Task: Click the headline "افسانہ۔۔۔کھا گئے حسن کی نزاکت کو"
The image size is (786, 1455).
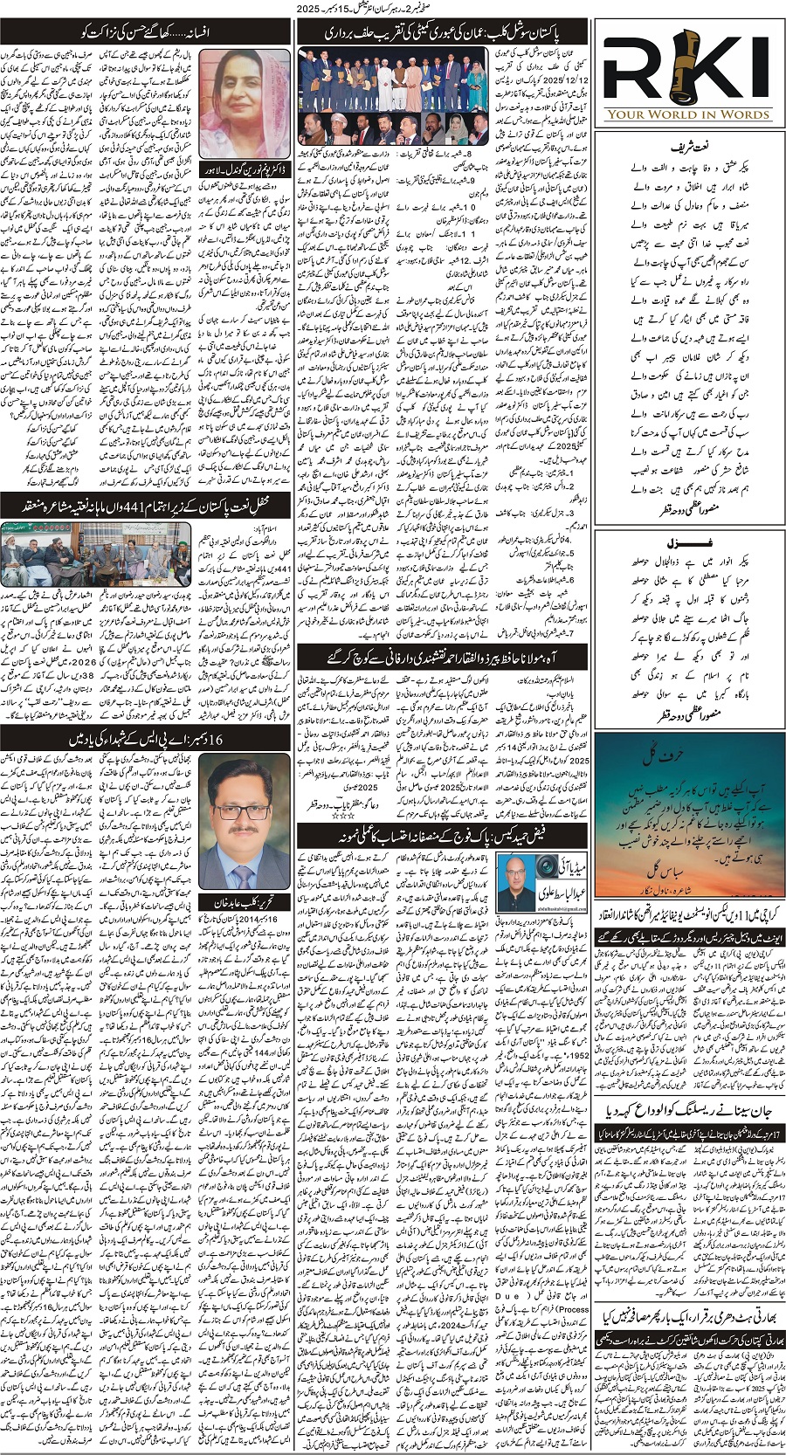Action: (146, 32)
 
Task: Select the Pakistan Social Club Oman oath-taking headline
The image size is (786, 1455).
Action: (442, 32)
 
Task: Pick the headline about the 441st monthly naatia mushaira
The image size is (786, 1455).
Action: (146, 504)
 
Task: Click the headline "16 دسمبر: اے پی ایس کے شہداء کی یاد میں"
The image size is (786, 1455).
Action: (146, 738)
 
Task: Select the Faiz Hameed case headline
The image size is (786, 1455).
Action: (442, 833)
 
